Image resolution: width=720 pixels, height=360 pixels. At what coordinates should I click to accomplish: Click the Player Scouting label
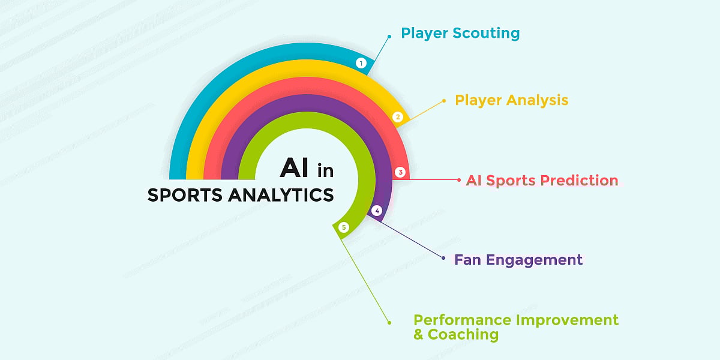460,33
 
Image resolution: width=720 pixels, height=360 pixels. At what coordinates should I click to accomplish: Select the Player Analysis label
511,100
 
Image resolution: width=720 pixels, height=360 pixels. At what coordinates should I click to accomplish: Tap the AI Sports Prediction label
542,180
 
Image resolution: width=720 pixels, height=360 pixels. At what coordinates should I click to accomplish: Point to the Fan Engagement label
518,260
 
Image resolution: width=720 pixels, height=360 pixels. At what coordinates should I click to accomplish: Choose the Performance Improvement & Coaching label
516,327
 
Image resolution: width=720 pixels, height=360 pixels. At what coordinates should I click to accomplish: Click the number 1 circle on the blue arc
361,63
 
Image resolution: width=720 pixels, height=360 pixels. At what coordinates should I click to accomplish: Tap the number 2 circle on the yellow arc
397,117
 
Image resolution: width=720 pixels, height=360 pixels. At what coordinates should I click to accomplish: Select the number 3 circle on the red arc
401,172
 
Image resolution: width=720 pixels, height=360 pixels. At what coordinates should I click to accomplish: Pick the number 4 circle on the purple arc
377,211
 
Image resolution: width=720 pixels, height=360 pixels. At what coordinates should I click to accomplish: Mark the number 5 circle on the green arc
343,227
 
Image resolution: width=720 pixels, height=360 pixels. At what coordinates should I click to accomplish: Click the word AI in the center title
295,169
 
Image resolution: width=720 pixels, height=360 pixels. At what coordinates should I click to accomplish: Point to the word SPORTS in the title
185,196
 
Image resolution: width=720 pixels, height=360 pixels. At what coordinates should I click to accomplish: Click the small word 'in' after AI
325,171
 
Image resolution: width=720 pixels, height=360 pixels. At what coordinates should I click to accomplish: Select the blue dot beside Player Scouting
389,36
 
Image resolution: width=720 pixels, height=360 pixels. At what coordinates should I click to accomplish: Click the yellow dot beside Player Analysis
443,101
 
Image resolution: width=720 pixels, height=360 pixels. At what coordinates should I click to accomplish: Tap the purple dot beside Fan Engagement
443,258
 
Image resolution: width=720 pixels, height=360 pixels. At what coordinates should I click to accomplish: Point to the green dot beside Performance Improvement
389,322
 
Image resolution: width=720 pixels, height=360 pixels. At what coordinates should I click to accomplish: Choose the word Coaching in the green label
463,334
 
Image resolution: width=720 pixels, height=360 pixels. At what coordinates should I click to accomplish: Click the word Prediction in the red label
579,180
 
